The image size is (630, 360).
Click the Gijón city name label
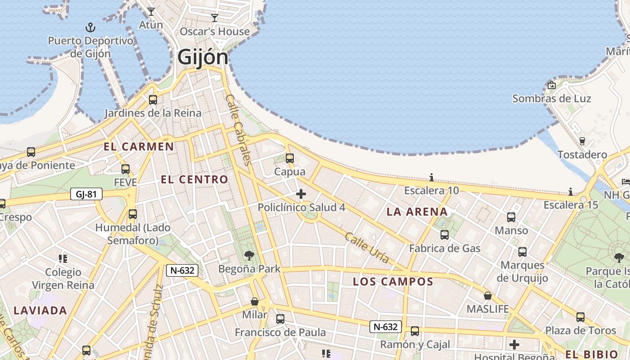[x=202, y=57]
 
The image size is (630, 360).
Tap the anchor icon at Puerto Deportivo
[x=91, y=27]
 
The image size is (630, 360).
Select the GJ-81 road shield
[x=86, y=194]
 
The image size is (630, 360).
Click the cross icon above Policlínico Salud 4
[x=301, y=194]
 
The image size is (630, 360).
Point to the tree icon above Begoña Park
[x=249, y=256]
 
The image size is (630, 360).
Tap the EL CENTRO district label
[x=194, y=180]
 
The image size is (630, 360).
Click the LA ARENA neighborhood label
[x=417, y=211]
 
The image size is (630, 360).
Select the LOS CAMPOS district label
[x=393, y=282]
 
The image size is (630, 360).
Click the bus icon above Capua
[x=290, y=158]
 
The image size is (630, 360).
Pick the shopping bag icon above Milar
[x=255, y=301]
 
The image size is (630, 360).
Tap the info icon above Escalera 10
[x=431, y=177]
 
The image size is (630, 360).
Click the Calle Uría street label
[x=367, y=247]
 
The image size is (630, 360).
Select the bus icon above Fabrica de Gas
[x=445, y=235]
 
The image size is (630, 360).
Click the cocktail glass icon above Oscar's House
[x=215, y=18]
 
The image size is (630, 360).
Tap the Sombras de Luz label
[x=552, y=98]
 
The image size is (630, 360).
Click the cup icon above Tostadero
[x=582, y=141]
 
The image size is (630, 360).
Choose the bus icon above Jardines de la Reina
[x=153, y=100]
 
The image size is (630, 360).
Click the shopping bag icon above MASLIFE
[x=487, y=296]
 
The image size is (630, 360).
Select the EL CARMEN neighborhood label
[x=139, y=146]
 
